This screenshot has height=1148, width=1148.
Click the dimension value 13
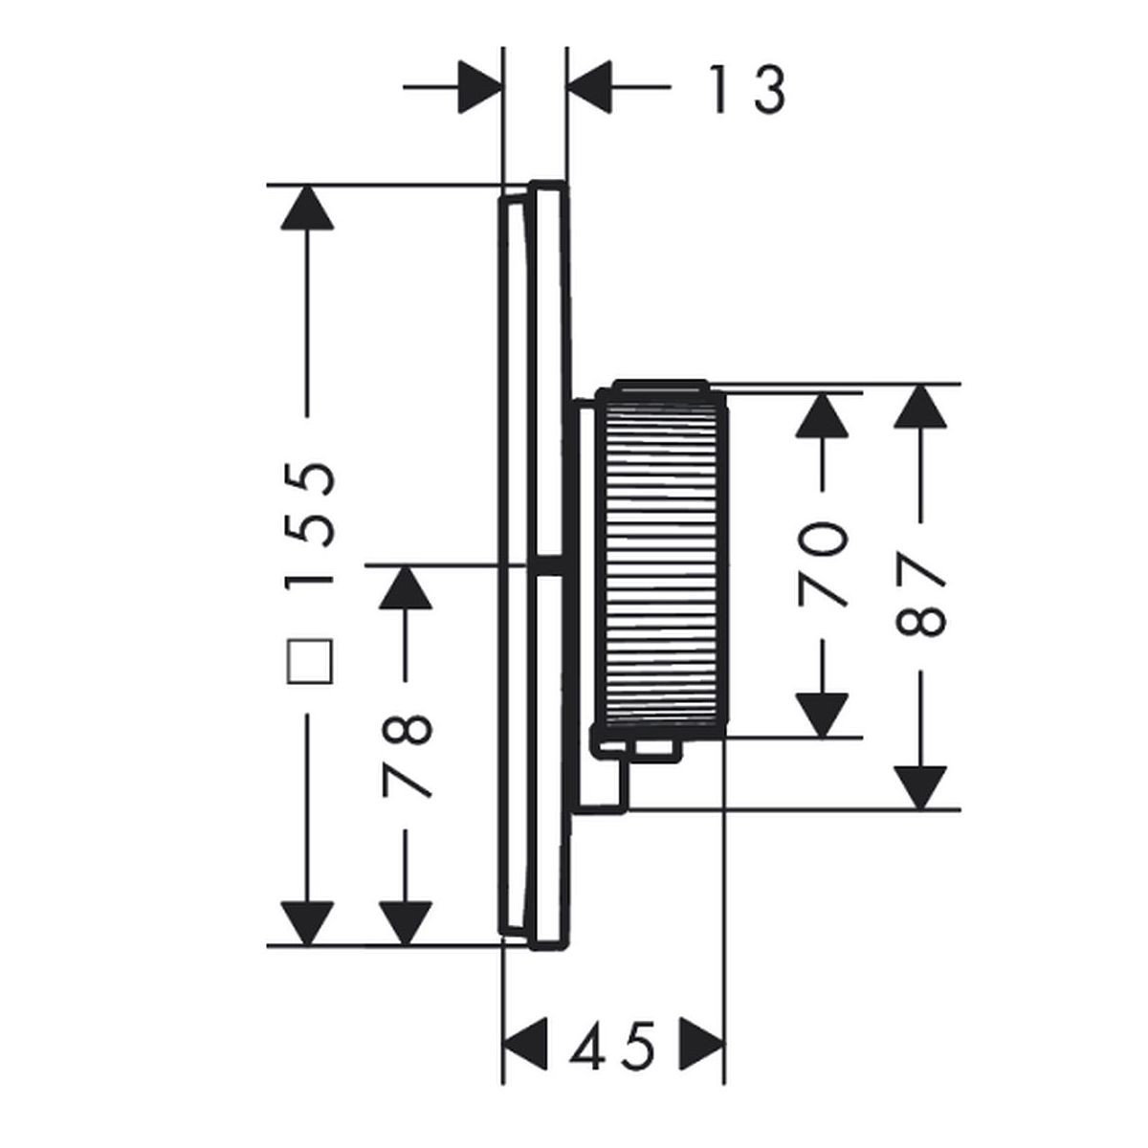coord(747,90)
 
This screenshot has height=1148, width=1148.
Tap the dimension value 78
coord(408,756)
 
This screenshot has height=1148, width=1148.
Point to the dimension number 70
coord(823,564)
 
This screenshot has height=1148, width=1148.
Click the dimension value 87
coord(920,598)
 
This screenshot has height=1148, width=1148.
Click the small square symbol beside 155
coord(310,663)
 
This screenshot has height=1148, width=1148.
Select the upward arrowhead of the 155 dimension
coord(308,207)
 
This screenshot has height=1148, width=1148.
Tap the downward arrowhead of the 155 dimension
coord(308,922)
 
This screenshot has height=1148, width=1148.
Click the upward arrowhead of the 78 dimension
coord(406,586)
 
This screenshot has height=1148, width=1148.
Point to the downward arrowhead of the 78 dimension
coord(406,922)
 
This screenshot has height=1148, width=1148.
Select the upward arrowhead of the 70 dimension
coord(823,414)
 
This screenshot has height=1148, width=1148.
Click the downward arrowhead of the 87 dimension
coord(920,786)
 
